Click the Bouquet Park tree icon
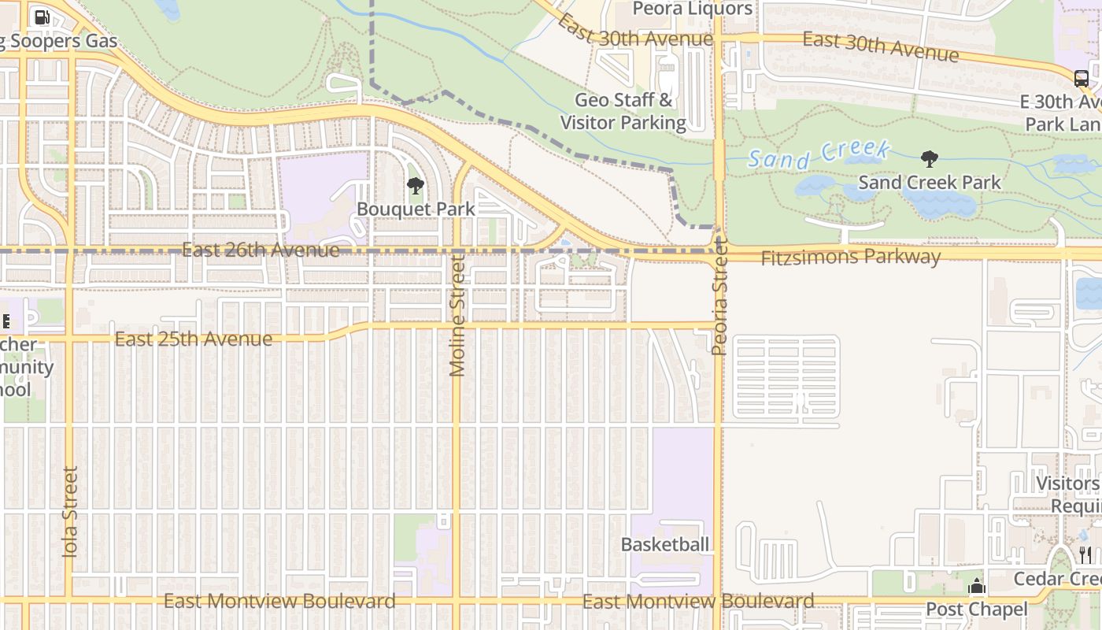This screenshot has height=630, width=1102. coord(415,187)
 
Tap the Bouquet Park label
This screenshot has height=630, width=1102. coord(416,209)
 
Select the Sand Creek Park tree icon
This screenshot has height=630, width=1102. coord(929,159)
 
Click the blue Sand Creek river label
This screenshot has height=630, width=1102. coord(819,154)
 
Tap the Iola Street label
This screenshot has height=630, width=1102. coord(70,513)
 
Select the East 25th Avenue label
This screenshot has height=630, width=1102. coord(194,339)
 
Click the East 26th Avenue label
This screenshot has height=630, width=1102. coord(261,250)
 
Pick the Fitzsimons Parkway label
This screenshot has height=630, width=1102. coord(850,257)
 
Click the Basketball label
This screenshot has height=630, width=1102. coord(665,544)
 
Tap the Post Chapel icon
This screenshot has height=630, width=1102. coord(977,587)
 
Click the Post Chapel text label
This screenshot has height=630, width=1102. coord(976,609)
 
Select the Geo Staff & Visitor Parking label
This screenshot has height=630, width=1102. coord(623,111)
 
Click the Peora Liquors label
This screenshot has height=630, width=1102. coord(693,9)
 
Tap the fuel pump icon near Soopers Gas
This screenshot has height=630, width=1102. coord(43,17)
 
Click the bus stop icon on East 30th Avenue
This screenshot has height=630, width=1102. coord(1082,78)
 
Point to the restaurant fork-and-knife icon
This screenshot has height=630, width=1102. coord(1085,555)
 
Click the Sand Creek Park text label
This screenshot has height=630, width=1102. coord(929,182)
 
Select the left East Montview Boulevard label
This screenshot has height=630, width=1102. coord(279,602)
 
